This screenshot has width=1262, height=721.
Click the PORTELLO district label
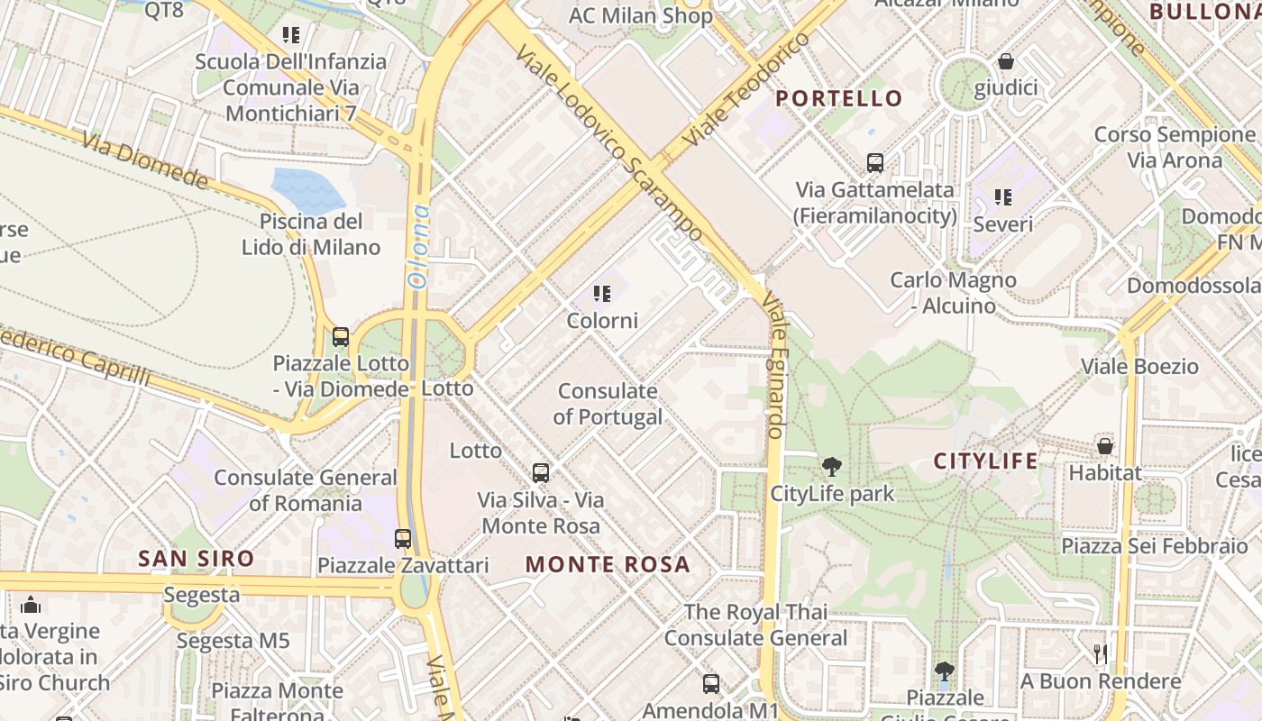click(839, 98)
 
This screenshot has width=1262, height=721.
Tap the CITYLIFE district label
click(985, 461)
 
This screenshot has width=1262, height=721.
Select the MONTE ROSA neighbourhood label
click(608, 565)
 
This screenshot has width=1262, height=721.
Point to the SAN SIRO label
click(197, 559)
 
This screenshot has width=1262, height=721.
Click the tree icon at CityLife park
click(831, 467)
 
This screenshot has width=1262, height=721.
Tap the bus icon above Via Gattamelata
click(874, 163)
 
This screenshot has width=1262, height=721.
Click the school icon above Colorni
click(602, 294)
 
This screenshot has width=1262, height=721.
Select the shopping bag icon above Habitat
click(1104, 446)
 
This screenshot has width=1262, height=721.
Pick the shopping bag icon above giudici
click(1005, 62)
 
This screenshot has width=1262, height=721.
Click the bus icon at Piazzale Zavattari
click(403, 539)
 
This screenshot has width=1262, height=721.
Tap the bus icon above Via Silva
click(541, 472)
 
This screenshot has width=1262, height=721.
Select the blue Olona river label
click(418, 245)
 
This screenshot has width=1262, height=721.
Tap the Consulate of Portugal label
click(608, 404)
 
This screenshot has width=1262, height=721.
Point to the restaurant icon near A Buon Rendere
click(1100, 653)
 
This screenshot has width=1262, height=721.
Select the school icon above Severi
click(1002, 196)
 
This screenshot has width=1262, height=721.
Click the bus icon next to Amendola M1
click(711, 684)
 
